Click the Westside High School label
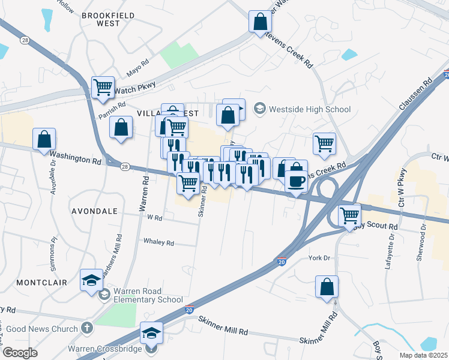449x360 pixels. point(310,109)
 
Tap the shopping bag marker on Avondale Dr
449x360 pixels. point(44,139)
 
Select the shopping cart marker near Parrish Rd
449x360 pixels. point(103,88)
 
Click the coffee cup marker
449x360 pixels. point(295,181)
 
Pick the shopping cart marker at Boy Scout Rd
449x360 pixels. point(349,215)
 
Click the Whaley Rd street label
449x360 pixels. point(158,242)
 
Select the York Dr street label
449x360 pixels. point(319,257)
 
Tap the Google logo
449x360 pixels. point(20,352)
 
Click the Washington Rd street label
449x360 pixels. point(75,157)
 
